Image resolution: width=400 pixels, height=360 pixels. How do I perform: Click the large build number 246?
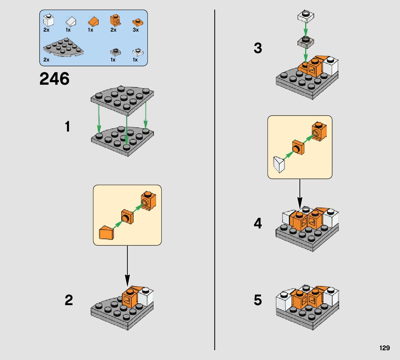(54, 79)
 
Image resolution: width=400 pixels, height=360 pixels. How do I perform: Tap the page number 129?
(384, 348)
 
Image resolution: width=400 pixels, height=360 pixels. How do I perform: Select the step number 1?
(67, 127)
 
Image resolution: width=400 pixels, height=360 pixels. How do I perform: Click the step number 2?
(68, 300)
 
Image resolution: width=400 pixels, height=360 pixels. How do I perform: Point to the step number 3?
(258, 48)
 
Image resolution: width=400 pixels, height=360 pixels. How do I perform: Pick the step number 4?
(258, 223)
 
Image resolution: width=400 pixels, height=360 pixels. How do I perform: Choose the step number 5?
(258, 300)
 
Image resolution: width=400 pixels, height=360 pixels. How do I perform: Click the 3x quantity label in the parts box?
(136, 30)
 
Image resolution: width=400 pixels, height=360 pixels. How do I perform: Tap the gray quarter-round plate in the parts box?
(63, 47)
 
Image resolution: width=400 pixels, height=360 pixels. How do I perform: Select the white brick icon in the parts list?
(48, 20)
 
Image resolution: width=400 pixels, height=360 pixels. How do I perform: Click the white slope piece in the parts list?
(71, 22)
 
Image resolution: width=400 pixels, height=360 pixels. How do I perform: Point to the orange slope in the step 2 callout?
(106, 232)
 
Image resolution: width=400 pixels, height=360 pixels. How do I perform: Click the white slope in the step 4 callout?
(279, 164)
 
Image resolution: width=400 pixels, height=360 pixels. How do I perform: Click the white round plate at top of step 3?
(305, 16)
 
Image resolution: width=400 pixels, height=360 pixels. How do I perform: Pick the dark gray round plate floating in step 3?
(305, 42)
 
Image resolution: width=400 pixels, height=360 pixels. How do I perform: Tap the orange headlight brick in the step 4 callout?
(319, 131)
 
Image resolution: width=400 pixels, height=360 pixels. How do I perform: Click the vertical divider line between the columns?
(215, 180)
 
